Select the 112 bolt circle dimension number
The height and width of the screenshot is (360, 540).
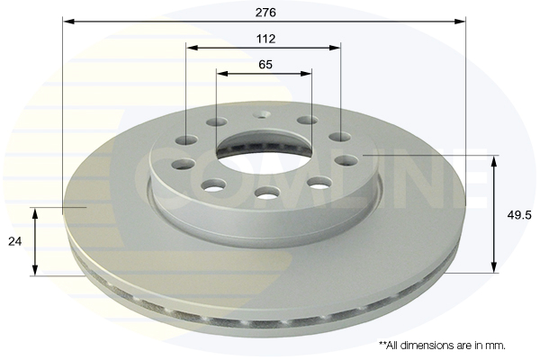(265, 39)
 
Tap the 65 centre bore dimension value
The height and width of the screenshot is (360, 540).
(265, 65)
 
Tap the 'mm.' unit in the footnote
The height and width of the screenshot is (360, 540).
(495, 345)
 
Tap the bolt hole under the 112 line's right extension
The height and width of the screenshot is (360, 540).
(339, 137)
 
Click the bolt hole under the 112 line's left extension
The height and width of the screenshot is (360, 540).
(187, 139)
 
